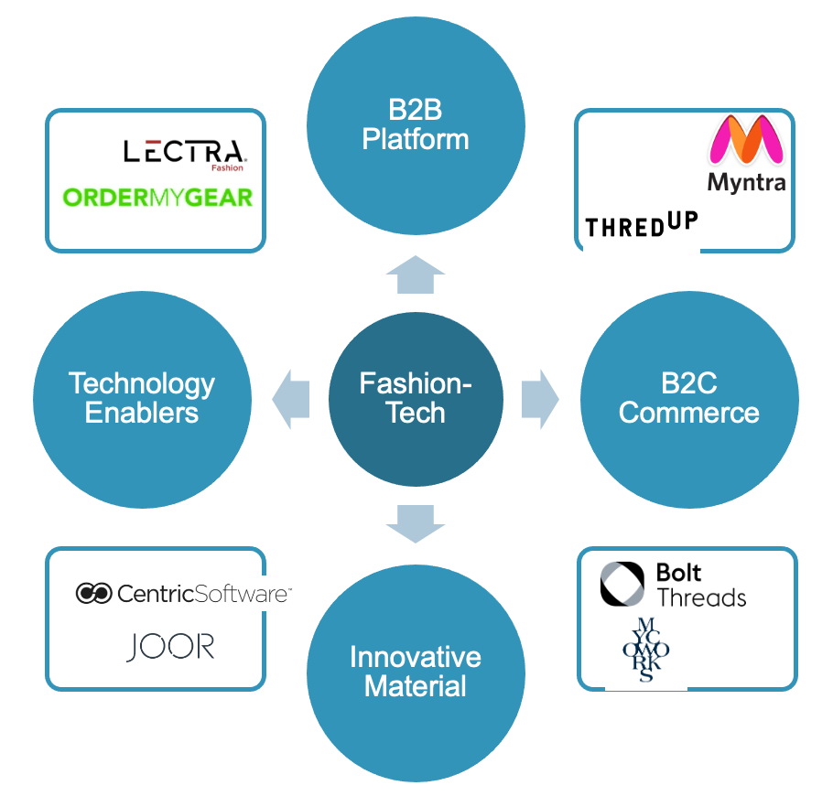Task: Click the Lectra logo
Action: [183, 151]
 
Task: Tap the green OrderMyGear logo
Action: [157, 196]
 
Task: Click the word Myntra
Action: [746, 182]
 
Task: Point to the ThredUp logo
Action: [641, 224]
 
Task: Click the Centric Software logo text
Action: [204, 594]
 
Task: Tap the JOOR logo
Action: [170, 647]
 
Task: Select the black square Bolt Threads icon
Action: [622, 584]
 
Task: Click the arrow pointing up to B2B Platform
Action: [416, 275]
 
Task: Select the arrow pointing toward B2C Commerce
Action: [540, 400]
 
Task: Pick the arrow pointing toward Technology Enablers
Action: [291, 400]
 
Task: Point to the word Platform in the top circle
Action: [416, 139]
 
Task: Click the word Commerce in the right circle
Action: [688, 413]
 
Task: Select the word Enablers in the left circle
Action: [142, 413]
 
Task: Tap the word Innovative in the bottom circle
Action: [416, 657]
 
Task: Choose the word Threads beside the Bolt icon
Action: [701, 598]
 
